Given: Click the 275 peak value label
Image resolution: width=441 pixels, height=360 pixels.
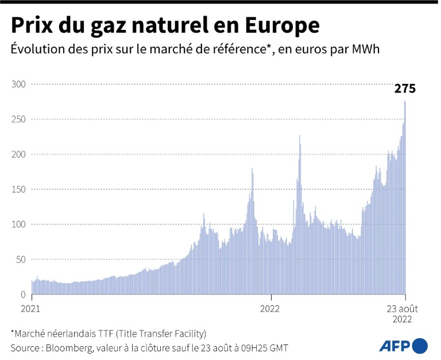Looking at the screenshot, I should point(404,88).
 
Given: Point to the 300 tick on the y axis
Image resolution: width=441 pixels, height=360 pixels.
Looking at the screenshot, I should point(19,84).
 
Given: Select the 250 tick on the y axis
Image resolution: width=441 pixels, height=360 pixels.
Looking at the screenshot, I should point(19,119).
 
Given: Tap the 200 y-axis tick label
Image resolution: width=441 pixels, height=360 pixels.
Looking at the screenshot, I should point(19,154).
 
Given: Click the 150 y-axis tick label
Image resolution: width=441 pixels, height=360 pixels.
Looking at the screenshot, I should point(19,189).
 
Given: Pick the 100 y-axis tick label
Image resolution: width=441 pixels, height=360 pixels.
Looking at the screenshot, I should point(19,224).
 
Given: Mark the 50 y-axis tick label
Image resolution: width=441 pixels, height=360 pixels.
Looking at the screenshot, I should point(21,260).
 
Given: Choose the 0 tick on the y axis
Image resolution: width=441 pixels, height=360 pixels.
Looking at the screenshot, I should point(24,295).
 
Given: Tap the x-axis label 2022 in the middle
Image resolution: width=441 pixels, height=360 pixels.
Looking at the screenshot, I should point(269,308).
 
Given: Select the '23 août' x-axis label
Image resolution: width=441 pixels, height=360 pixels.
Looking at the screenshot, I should point(405,308).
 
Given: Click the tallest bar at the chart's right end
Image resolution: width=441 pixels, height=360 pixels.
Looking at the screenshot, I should point(405,198).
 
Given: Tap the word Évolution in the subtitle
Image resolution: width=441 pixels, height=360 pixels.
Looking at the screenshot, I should point(36,50).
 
